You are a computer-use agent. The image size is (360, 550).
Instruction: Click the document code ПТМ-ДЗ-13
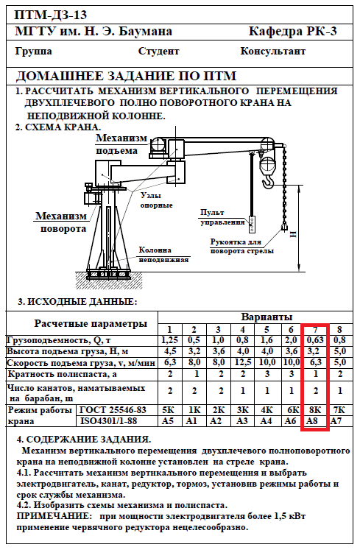tap(51, 15)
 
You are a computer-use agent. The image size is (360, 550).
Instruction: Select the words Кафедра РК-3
tap(292, 31)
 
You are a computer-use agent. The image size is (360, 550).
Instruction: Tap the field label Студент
tap(158, 52)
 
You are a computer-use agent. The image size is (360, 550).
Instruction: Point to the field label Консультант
tap(272, 52)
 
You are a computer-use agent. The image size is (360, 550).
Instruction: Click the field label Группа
tap(34, 52)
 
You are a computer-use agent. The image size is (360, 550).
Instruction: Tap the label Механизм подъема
tap(121, 144)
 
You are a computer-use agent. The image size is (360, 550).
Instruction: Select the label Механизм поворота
tap(61, 222)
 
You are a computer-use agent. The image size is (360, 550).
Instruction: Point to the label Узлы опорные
tap(156, 200)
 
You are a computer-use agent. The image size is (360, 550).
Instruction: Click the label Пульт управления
tap(222, 217)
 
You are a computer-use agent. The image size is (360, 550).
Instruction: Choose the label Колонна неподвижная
tap(164, 255)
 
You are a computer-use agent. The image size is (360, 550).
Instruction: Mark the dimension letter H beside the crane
tap(292, 234)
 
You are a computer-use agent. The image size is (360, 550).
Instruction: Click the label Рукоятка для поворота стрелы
tap(241, 246)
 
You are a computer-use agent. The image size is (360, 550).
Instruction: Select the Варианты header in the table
tap(267, 317)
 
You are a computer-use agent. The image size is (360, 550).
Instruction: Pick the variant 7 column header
tap(315, 329)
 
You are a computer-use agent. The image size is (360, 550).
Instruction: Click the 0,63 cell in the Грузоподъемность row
tap(315, 340)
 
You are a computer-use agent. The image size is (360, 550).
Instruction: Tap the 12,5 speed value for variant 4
tap(242, 362)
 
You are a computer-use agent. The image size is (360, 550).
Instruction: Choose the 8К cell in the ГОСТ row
tap(315, 409)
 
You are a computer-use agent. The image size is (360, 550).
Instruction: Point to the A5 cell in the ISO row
tap(168, 420)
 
